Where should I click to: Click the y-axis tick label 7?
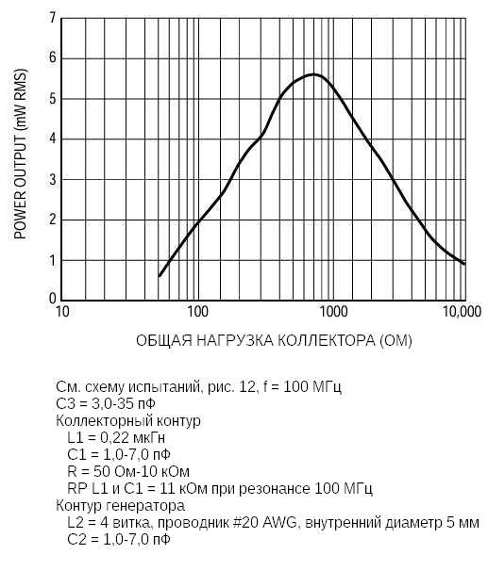[x=53, y=18]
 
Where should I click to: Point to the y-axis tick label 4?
[x=53, y=139]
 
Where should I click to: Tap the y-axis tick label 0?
[x=53, y=300]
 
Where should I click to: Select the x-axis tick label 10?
[x=62, y=312]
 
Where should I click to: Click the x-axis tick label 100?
[x=196, y=312]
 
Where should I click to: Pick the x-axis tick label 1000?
[x=330, y=312]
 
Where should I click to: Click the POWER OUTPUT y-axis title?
[x=20, y=158]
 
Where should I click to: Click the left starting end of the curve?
[x=160, y=276]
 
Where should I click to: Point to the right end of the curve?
[x=464, y=264]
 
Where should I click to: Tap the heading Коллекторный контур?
[x=128, y=421]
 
